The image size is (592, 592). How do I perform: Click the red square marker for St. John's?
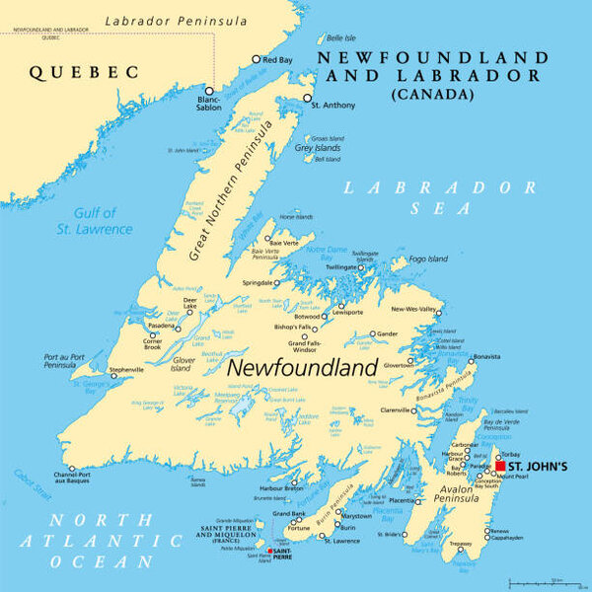(x=500, y=467)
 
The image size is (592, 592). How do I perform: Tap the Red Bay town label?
(x=277, y=59)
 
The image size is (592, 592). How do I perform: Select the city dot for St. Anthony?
(x=308, y=98)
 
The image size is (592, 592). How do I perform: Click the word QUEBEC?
(x=83, y=71)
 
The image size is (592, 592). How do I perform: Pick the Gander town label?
(x=388, y=333)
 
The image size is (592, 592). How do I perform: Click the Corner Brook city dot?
(x=153, y=336)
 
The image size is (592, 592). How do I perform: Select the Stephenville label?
(x=125, y=370)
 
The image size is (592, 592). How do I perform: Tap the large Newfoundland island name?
(x=303, y=367)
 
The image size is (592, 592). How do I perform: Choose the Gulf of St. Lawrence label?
(x=102, y=221)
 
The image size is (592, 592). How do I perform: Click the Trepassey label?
(x=460, y=544)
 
